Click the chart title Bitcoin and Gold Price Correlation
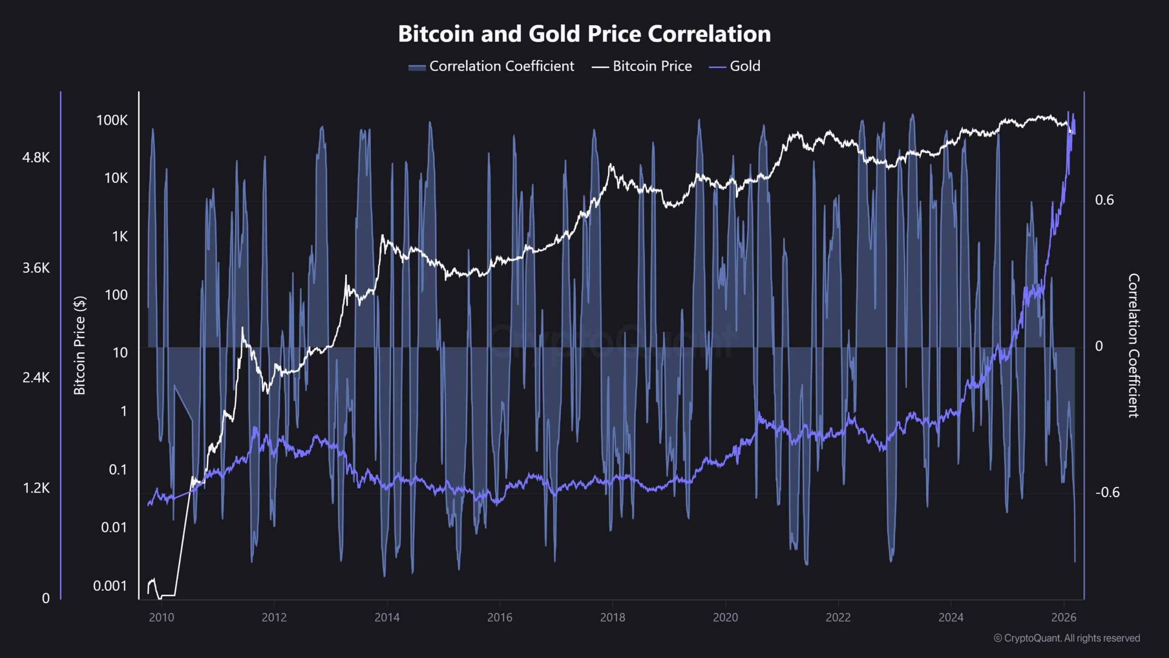point(584,33)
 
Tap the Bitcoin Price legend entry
point(642,66)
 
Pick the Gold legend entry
point(735,66)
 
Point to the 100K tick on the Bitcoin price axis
point(112,120)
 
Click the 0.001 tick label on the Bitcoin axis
point(110,585)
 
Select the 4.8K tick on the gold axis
point(36,158)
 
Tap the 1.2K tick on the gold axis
point(36,488)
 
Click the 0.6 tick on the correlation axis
point(1104,200)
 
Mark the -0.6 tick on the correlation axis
point(1107,492)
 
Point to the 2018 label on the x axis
point(612,617)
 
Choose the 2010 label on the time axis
point(161,617)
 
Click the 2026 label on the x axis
point(1064,617)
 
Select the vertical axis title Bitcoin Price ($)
point(80,345)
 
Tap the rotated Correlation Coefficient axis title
point(1133,345)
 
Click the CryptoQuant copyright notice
point(1067,638)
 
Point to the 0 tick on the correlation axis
point(1099,346)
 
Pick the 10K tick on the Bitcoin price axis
point(116,178)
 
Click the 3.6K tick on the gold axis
point(36,268)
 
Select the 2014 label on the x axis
point(387,617)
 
